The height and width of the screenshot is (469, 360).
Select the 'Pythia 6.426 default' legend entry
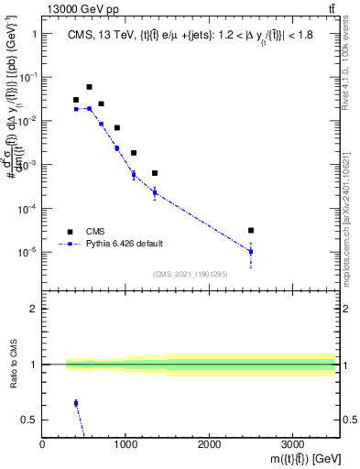(x=129, y=245)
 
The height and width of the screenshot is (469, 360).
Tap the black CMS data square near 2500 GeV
(x=251, y=231)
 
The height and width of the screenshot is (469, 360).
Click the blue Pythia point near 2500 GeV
(x=251, y=251)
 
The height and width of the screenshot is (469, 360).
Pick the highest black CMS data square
(x=89, y=87)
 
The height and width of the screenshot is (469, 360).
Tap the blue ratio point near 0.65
(x=76, y=403)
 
